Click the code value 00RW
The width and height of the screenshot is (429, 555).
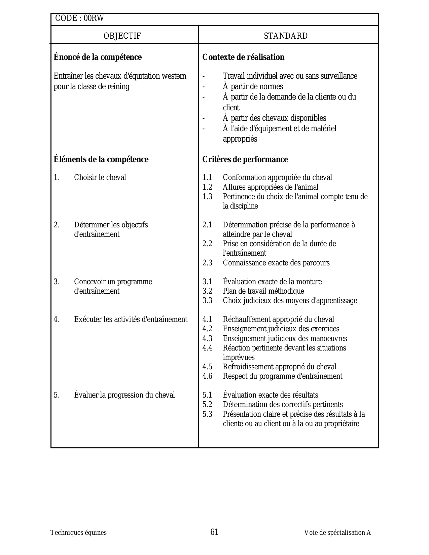94,18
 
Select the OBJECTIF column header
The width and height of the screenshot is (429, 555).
122,36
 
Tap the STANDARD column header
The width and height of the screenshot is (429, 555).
286,36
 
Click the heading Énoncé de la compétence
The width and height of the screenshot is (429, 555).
98,57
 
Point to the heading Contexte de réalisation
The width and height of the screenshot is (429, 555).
243,57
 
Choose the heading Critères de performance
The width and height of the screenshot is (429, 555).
245,159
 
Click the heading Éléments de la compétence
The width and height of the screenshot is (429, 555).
101,159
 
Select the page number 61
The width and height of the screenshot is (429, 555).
214,532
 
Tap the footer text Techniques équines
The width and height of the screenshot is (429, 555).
78,532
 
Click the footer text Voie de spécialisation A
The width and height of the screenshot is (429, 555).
337,532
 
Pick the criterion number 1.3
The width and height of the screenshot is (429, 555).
207,197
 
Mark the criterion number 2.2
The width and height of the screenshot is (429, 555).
207,244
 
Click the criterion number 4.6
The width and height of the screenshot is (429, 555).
207,376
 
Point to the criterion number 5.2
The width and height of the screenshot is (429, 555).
207,405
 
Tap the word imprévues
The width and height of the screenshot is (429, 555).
239,358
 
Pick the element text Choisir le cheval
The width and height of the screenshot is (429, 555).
100,178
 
